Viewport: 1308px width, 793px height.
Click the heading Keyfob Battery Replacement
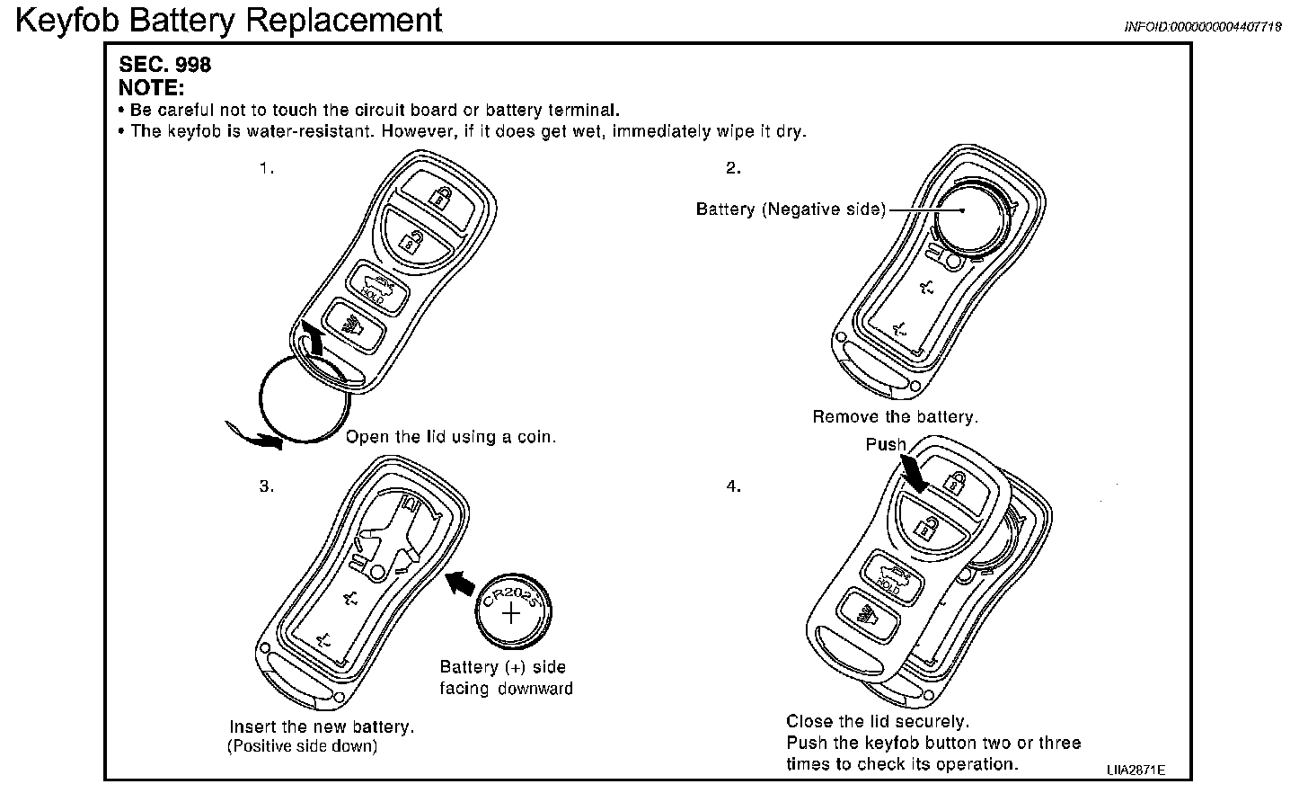click(229, 20)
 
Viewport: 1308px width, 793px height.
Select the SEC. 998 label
click(165, 66)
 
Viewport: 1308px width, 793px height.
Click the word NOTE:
click(152, 88)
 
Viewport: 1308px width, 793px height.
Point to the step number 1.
click(266, 168)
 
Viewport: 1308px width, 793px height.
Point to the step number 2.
click(733, 168)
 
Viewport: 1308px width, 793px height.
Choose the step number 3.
click(266, 486)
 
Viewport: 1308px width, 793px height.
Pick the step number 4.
click(733, 486)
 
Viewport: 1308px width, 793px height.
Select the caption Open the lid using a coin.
click(451, 438)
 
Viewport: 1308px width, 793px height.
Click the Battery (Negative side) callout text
click(791, 209)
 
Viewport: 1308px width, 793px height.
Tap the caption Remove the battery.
click(895, 417)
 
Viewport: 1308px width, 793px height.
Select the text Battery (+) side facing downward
click(506, 678)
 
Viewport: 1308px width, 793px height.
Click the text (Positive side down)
click(302, 746)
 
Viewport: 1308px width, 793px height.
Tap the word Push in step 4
click(886, 444)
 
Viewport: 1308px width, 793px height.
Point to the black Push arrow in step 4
click(917, 472)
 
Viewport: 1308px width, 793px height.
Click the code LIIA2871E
click(1136, 771)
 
